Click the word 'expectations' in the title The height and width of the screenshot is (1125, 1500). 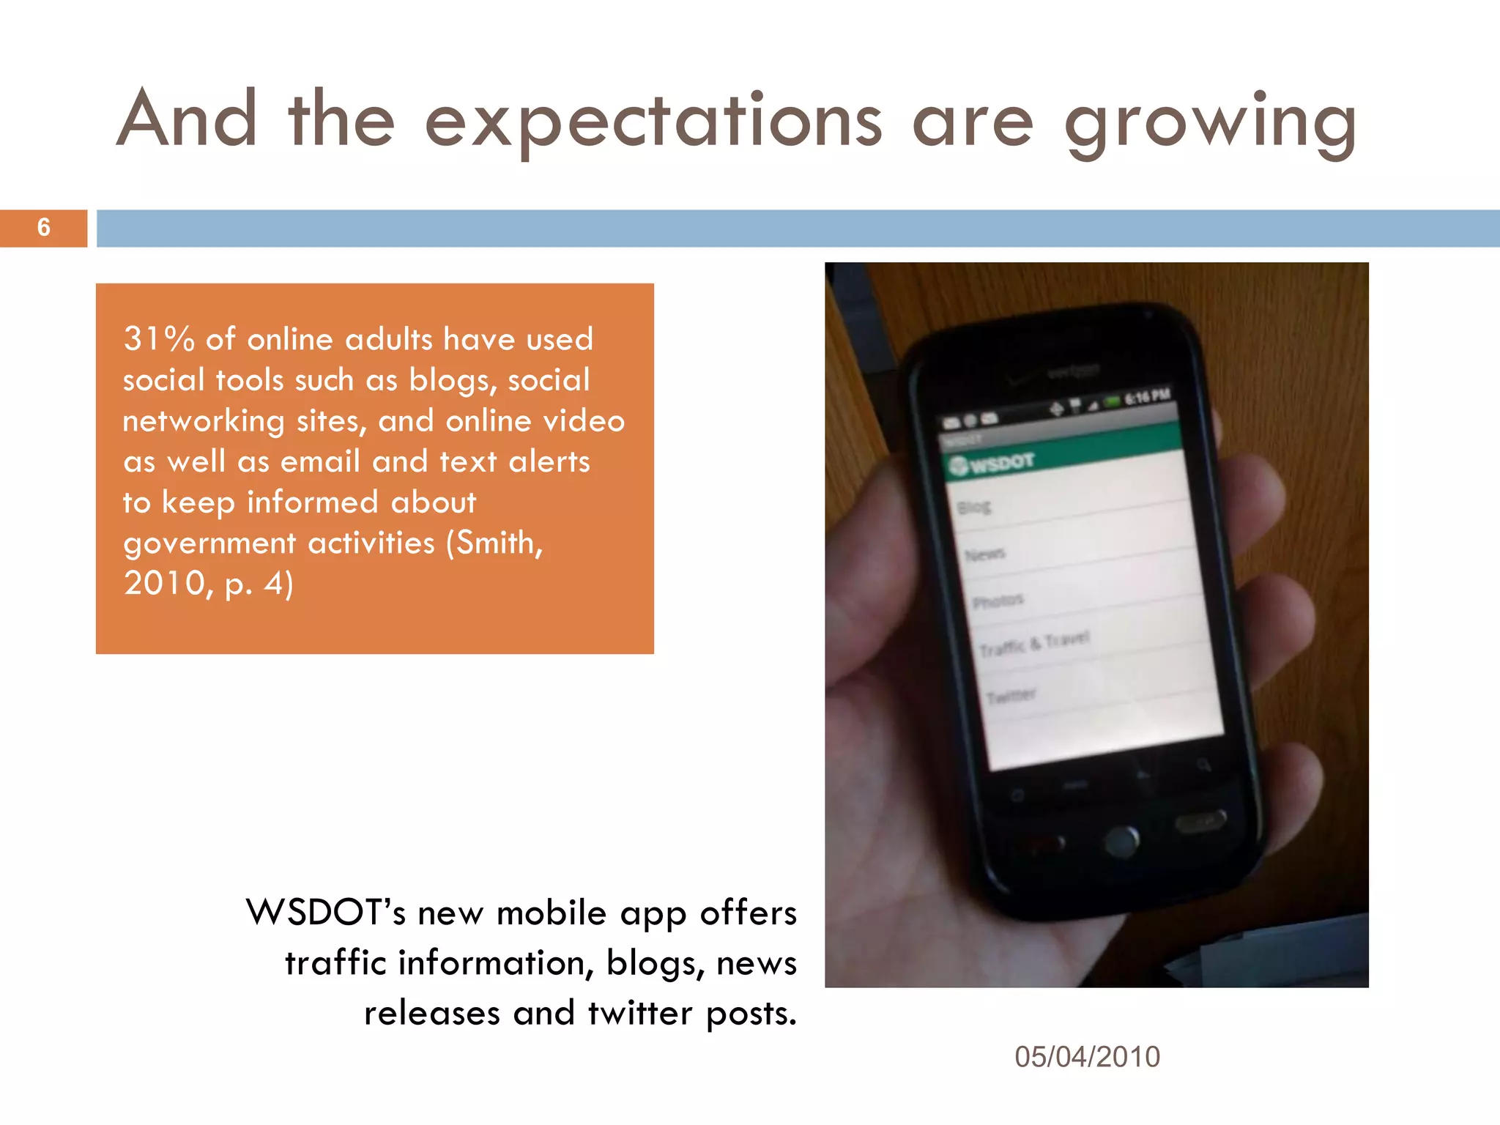tap(653, 122)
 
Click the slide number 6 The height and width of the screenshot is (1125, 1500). tap(44, 228)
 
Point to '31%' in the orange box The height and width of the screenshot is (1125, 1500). tap(159, 339)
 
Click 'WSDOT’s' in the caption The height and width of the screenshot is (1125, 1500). tap(325, 913)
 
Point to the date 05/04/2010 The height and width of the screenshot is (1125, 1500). tap(1087, 1057)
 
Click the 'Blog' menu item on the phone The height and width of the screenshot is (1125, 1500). tap(974, 507)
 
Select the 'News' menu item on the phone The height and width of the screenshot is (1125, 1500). tap(985, 554)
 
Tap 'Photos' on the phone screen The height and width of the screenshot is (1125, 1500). tap(998, 601)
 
